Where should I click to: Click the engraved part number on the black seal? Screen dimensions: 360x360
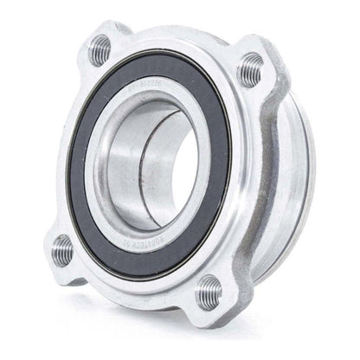click(x=148, y=87)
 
